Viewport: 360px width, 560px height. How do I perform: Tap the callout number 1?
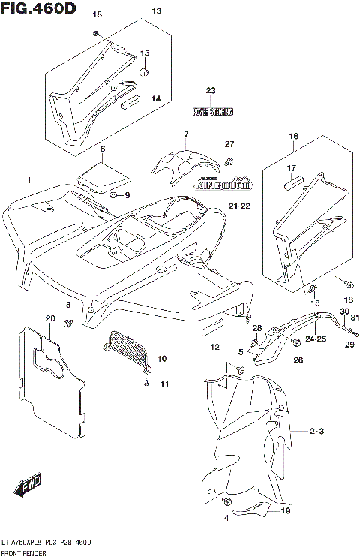click(x=28, y=181)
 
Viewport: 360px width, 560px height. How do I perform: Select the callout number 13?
click(x=156, y=11)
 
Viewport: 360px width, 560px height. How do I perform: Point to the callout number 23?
click(x=211, y=91)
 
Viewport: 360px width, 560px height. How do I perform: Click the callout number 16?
click(x=293, y=136)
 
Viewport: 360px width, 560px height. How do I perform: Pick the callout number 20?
click(x=50, y=319)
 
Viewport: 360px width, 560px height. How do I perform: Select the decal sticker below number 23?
click(x=212, y=112)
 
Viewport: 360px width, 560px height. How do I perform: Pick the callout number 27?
click(x=230, y=144)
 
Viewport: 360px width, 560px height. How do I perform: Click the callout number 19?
click(x=285, y=511)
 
